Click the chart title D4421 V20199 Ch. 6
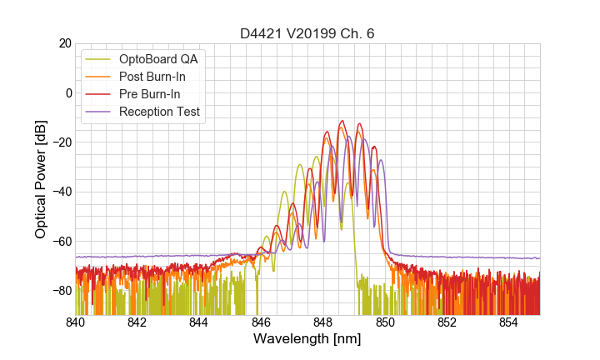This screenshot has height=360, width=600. coord(307,34)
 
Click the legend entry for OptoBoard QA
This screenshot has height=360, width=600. coord(157,59)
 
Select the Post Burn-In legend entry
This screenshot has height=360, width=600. coord(152,77)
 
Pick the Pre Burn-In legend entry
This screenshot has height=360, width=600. coord(149,94)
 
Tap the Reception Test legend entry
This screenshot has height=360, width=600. coord(159,112)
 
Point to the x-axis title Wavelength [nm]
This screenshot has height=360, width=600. coord(307,339)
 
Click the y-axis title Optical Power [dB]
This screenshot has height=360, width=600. coord(41,179)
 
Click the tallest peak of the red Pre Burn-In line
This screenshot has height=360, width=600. coord(342,121)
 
